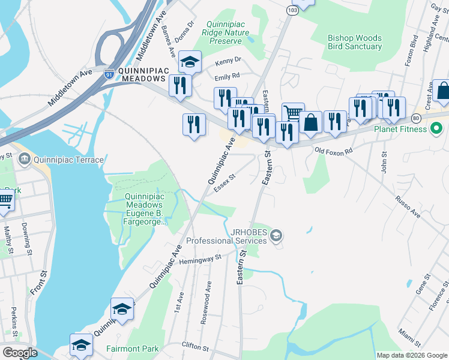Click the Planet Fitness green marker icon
click(436, 128)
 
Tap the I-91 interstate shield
click(109, 74)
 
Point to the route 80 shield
click(416, 118)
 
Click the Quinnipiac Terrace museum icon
click(24, 160)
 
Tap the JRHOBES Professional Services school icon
click(276, 234)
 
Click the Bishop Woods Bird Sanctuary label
click(355, 42)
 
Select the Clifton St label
click(195, 347)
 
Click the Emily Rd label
click(227, 76)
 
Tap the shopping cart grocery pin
click(292, 112)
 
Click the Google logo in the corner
click(20, 353)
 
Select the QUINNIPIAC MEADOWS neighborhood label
click(142, 74)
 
